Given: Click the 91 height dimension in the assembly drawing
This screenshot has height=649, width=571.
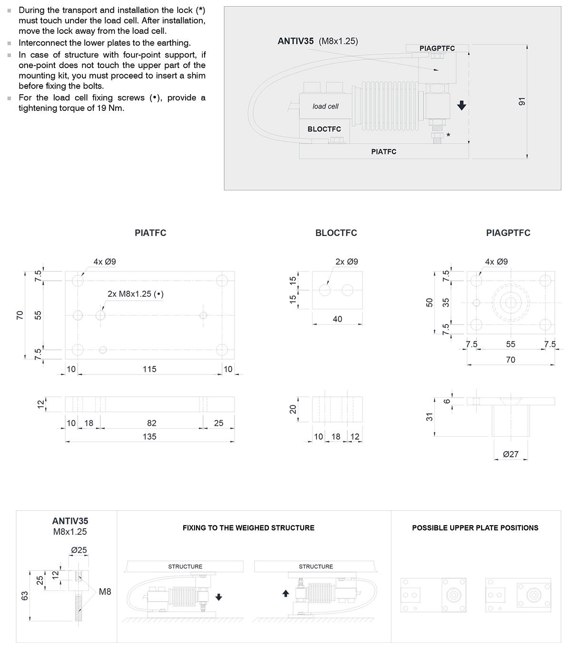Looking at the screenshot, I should pyautogui.click(x=522, y=101).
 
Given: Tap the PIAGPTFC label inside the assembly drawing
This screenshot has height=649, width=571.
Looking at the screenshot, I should pyautogui.click(x=437, y=48).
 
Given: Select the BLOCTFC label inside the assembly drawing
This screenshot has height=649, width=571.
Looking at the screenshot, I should pyautogui.click(x=324, y=129).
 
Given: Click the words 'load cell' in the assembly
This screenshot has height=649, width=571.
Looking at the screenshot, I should pyautogui.click(x=325, y=106).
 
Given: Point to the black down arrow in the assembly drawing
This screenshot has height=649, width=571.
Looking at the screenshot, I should pyautogui.click(x=461, y=105).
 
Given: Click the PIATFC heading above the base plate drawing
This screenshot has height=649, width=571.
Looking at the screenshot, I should pyautogui.click(x=150, y=233).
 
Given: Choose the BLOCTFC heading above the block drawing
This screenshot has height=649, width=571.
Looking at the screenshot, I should pyautogui.click(x=336, y=233).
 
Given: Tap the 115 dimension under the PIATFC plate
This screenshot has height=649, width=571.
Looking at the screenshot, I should pyautogui.click(x=149, y=369).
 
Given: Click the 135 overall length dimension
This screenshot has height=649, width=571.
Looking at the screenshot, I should pyautogui.click(x=149, y=436).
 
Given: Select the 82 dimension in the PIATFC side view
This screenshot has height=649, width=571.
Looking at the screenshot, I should pyautogui.click(x=151, y=423).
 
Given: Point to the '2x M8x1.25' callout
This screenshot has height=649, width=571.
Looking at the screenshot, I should pyautogui.click(x=135, y=294).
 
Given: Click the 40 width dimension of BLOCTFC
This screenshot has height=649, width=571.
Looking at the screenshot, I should pyautogui.click(x=337, y=319).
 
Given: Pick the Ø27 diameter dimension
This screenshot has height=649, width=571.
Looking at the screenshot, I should pyautogui.click(x=511, y=454).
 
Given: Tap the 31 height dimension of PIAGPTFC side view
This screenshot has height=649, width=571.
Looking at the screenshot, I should pyautogui.click(x=430, y=417).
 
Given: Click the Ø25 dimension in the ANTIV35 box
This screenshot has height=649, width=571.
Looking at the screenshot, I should pyautogui.click(x=79, y=550).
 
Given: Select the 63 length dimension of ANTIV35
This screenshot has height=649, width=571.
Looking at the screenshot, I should pyautogui.click(x=25, y=595).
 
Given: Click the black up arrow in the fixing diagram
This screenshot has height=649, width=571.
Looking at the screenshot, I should pyautogui.click(x=285, y=593).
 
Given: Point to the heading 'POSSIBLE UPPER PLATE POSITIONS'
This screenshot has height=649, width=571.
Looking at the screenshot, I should pyautogui.click(x=475, y=528).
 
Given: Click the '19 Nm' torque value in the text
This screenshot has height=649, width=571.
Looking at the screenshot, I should pyautogui.click(x=114, y=108).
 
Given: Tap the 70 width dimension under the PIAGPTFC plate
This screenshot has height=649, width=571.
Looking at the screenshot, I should pyautogui.click(x=511, y=360).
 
